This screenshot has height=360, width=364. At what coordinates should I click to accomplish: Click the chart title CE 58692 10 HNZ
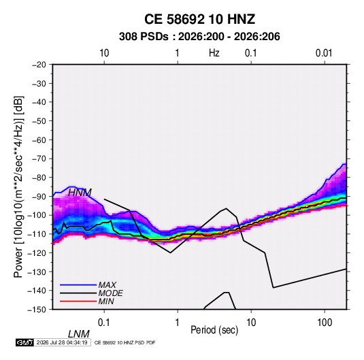tap(199, 19)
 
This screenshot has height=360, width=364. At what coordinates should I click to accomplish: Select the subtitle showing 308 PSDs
tap(199, 37)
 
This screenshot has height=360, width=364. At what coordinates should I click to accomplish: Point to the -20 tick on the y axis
tap(39, 65)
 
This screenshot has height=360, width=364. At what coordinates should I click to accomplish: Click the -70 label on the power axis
tap(39, 159)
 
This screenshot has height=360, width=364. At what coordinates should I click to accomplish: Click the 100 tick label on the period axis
tap(325, 323)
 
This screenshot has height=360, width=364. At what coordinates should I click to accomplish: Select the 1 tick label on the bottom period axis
tap(178, 323)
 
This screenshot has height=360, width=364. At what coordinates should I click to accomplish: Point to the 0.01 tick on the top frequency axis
tap(324, 53)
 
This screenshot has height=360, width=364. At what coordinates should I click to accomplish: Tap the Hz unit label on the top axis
tap(214, 53)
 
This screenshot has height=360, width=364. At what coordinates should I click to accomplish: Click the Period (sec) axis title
tap(214, 330)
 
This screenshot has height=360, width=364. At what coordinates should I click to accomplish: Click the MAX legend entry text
tap(107, 284)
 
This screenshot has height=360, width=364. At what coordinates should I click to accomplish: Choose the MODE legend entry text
tap(110, 293)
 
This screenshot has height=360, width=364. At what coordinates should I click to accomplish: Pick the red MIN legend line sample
tap(78, 301)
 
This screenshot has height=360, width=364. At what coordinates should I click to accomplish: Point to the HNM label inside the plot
tap(80, 193)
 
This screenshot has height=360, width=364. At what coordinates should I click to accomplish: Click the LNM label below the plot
tap(79, 334)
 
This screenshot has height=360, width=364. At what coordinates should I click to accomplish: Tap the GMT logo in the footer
tap(25, 342)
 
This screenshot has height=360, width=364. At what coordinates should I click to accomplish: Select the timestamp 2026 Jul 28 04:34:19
tap(62, 342)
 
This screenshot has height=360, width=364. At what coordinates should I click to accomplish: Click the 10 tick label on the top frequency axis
tap(104, 53)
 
